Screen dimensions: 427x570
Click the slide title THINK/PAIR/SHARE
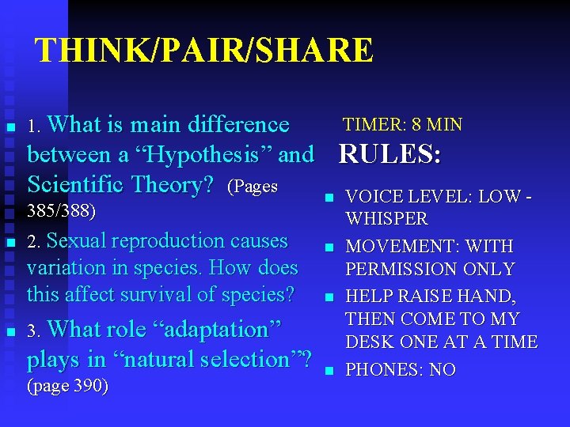[204, 51]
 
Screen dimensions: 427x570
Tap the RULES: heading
[389, 154]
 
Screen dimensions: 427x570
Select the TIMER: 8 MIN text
[402, 125]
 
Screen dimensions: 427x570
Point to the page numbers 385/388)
[61, 211]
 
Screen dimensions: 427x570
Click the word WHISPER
[386, 218]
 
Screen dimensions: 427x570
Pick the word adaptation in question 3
[211, 329]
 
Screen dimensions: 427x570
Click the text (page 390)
[67, 387]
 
